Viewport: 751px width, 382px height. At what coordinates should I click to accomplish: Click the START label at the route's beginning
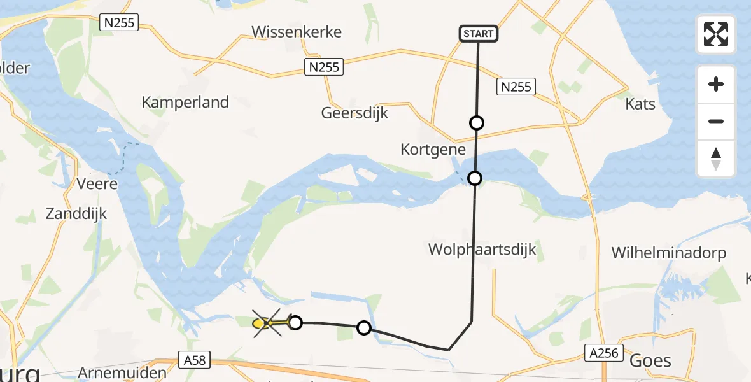tap(478, 34)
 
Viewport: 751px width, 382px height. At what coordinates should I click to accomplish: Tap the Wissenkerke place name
tap(297, 32)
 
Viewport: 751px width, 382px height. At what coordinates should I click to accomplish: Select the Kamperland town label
tap(185, 102)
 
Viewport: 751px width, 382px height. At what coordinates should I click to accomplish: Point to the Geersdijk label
tap(354, 113)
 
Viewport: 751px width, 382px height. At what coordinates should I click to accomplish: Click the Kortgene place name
tap(433, 150)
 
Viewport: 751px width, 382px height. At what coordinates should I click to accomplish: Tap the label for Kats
tap(640, 103)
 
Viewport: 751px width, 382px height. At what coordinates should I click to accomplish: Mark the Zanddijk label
tap(76, 214)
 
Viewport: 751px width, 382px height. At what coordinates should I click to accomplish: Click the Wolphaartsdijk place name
tap(482, 250)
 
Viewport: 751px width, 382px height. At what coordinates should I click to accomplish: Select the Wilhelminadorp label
tap(668, 253)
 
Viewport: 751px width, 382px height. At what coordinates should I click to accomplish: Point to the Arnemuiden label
tap(122, 373)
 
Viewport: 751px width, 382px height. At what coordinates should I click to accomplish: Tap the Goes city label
tap(650, 361)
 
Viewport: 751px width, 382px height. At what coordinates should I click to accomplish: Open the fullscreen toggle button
tap(716, 34)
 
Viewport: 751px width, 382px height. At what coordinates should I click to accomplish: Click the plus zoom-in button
tap(716, 85)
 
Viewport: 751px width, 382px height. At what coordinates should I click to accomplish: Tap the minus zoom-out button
tap(716, 121)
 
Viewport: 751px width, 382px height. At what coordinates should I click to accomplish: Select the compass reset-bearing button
tap(716, 159)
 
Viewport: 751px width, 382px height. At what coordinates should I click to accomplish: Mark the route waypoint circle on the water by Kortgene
tap(475, 178)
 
